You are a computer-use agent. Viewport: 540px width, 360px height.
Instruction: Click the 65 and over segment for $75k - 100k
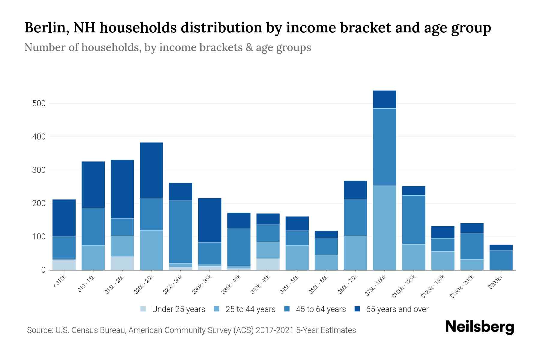[x=384, y=99]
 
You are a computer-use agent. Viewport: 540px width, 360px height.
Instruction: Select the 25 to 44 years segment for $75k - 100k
[x=384, y=228]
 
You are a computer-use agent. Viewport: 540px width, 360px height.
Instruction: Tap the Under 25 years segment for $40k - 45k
[x=268, y=264]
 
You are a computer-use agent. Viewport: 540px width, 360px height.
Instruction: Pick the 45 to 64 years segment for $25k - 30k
[x=181, y=232]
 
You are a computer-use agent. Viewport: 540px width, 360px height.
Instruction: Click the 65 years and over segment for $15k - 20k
[x=122, y=189]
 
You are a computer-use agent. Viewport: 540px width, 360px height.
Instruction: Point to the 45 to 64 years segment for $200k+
[x=501, y=260]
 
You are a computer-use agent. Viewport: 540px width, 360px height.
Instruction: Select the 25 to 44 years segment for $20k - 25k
[x=151, y=250]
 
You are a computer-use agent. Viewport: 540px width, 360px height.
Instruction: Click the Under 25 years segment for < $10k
[x=64, y=265]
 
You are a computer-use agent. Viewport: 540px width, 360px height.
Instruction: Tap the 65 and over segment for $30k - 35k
[x=210, y=220]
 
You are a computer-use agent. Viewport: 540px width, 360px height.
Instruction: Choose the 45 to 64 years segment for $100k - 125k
[x=413, y=220]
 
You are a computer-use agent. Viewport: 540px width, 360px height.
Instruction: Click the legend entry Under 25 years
[x=178, y=309]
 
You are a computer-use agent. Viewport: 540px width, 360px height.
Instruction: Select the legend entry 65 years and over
[x=397, y=309]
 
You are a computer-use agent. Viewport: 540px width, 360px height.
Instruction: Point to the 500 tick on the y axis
[x=39, y=103]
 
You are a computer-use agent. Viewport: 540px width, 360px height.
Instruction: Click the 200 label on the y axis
[x=39, y=203]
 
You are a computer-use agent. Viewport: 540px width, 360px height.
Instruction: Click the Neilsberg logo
[x=479, y=327]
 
